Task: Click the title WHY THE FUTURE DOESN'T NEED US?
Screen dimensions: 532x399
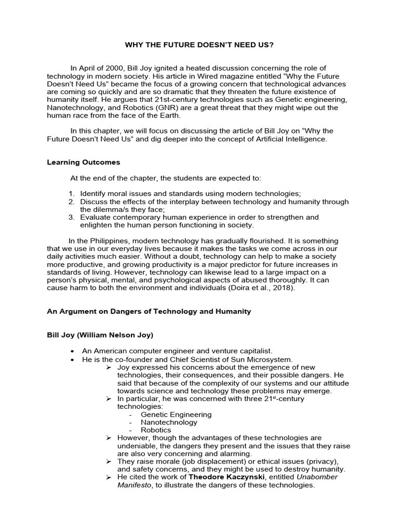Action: pos(199,45)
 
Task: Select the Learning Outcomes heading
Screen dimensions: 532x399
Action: pos(83,162)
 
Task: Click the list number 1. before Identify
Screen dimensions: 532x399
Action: pos(72,193)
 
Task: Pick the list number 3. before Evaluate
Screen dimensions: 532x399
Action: pos(72,217)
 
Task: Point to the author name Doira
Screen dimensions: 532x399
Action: pos(237,288)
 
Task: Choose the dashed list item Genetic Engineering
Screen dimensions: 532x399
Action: pos(176,415)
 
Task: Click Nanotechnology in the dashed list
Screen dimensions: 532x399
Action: pos(169,422)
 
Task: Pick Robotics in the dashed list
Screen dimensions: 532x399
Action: pos(155,430)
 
